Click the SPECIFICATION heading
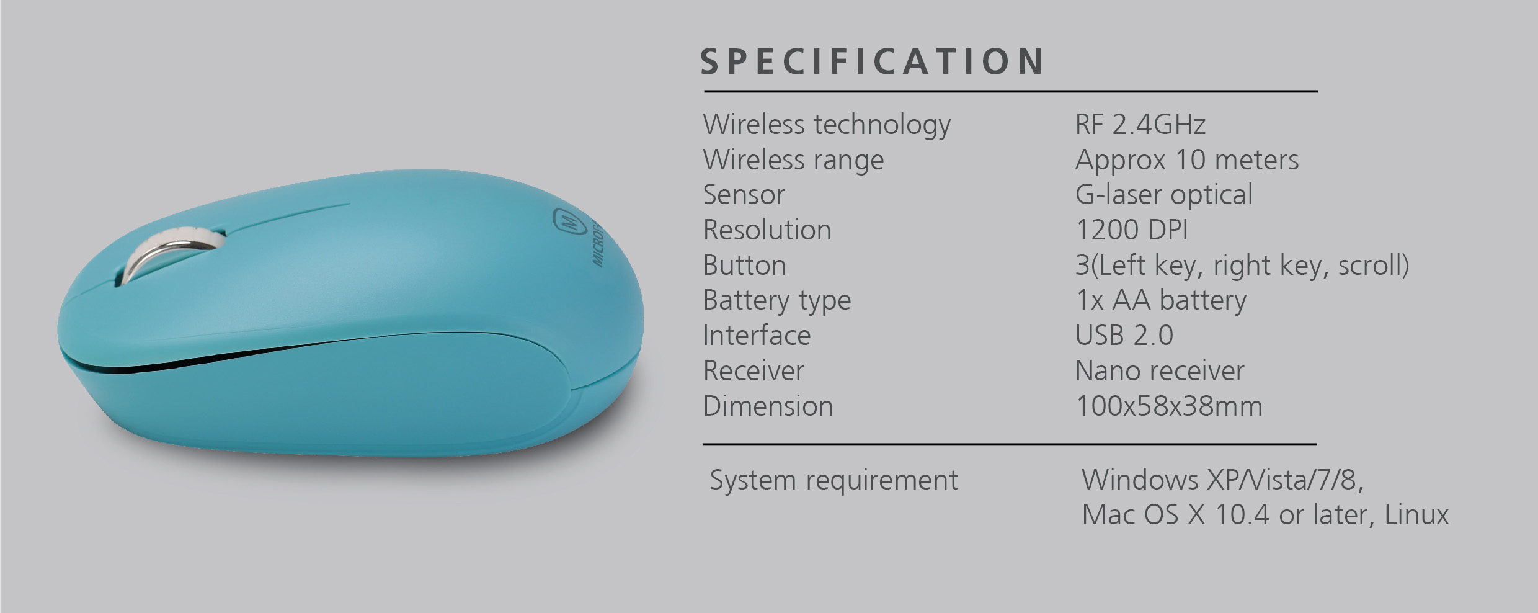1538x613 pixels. (873, 61)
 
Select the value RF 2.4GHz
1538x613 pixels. (1140, 124)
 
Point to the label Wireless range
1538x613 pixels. (793, 160)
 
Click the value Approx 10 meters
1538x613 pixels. (1186, 160)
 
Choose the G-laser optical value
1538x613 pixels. (1163, 195)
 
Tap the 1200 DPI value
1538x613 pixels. (1131, 230)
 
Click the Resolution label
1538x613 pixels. (767, 230)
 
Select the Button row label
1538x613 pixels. (744, 266)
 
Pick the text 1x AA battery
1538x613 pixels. (1160, 301)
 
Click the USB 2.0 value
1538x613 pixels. (1124, 336)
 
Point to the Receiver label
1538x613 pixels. (753, 371)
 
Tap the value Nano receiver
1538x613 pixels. (1160, 371)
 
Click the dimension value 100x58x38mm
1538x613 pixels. (1168, 406)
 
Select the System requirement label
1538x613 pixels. (833, 480)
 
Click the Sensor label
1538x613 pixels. (744, 195)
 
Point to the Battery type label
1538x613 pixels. (776, 301)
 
